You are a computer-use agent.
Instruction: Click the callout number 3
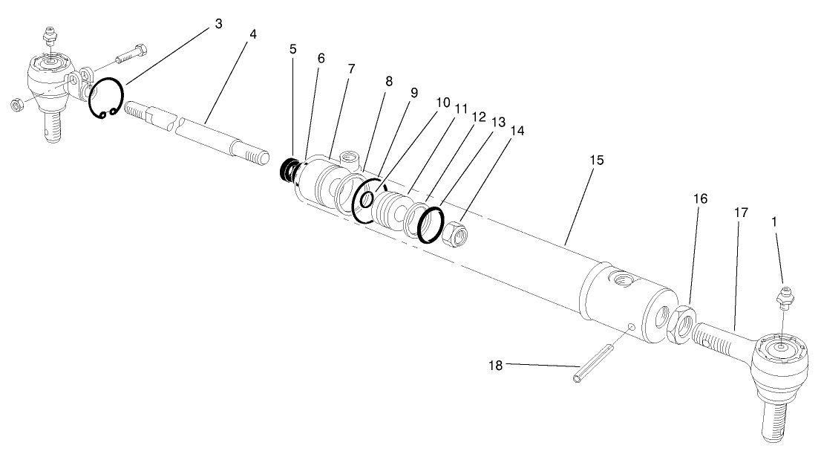217,24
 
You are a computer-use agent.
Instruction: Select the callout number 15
597,160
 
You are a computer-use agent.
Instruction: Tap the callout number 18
496,365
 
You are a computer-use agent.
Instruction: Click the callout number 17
740,213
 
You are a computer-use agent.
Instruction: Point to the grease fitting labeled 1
783,295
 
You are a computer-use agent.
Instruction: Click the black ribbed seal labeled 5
285,171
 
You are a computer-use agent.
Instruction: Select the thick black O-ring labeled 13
430,224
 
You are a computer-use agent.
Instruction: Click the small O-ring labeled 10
367,198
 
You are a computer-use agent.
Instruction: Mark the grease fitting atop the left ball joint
50,36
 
